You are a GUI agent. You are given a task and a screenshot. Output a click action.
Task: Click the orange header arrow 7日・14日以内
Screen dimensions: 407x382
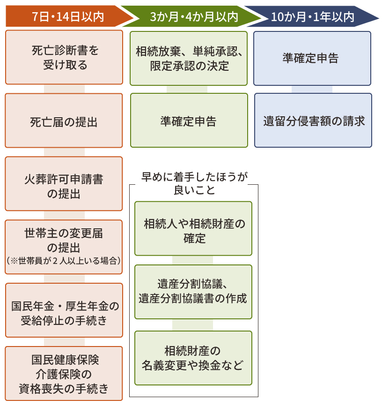pyautogui.click(x=68, y=17)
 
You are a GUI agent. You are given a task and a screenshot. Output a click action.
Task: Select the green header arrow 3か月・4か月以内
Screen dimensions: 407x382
pyautogui.click(x=192, y=17)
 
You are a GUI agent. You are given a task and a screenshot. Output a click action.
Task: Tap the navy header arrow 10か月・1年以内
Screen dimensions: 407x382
pyautogui.click(x=311, y=17)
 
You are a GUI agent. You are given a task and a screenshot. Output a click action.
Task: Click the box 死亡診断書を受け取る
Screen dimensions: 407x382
pyautogui.click(x=64, y=57)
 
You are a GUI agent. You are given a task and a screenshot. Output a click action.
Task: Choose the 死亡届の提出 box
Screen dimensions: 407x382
pyautogui.click(x=64, y=121)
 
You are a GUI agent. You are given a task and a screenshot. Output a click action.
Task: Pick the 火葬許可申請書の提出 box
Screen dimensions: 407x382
pyautogui.click(x=64, y=184)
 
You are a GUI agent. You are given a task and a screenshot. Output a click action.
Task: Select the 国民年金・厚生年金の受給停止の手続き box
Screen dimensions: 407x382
pyautogui.click(x=64, y=311)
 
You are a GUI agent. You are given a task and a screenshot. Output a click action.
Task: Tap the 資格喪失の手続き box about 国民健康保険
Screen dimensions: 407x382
pyautogui.click(x=64, y=374)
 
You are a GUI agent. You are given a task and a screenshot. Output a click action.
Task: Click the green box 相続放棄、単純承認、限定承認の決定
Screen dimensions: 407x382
pyautogui.click(x=189, y=59)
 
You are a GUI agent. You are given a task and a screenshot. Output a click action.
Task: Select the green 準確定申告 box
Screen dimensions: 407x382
pyautogui.click(x=189, y=121)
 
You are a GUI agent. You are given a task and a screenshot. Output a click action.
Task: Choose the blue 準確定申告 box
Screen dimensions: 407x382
pyautogui.click(x=312, y=58)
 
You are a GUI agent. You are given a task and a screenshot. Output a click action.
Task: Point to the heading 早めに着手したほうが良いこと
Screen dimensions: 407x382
pyautogui.click(x=194, y=183)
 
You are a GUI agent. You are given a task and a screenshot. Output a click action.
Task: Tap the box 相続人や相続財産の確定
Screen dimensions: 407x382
pyautogui.click(x=193, y=229)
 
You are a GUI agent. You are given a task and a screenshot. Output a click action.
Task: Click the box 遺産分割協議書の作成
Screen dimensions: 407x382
pyautogui.click(x=193, y=292)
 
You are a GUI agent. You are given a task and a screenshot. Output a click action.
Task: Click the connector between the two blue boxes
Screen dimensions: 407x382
pyautogui.click(x=312, y=90)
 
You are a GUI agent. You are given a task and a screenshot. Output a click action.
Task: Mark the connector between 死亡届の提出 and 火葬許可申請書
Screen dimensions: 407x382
pyautogui.click(x=64, y=152)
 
